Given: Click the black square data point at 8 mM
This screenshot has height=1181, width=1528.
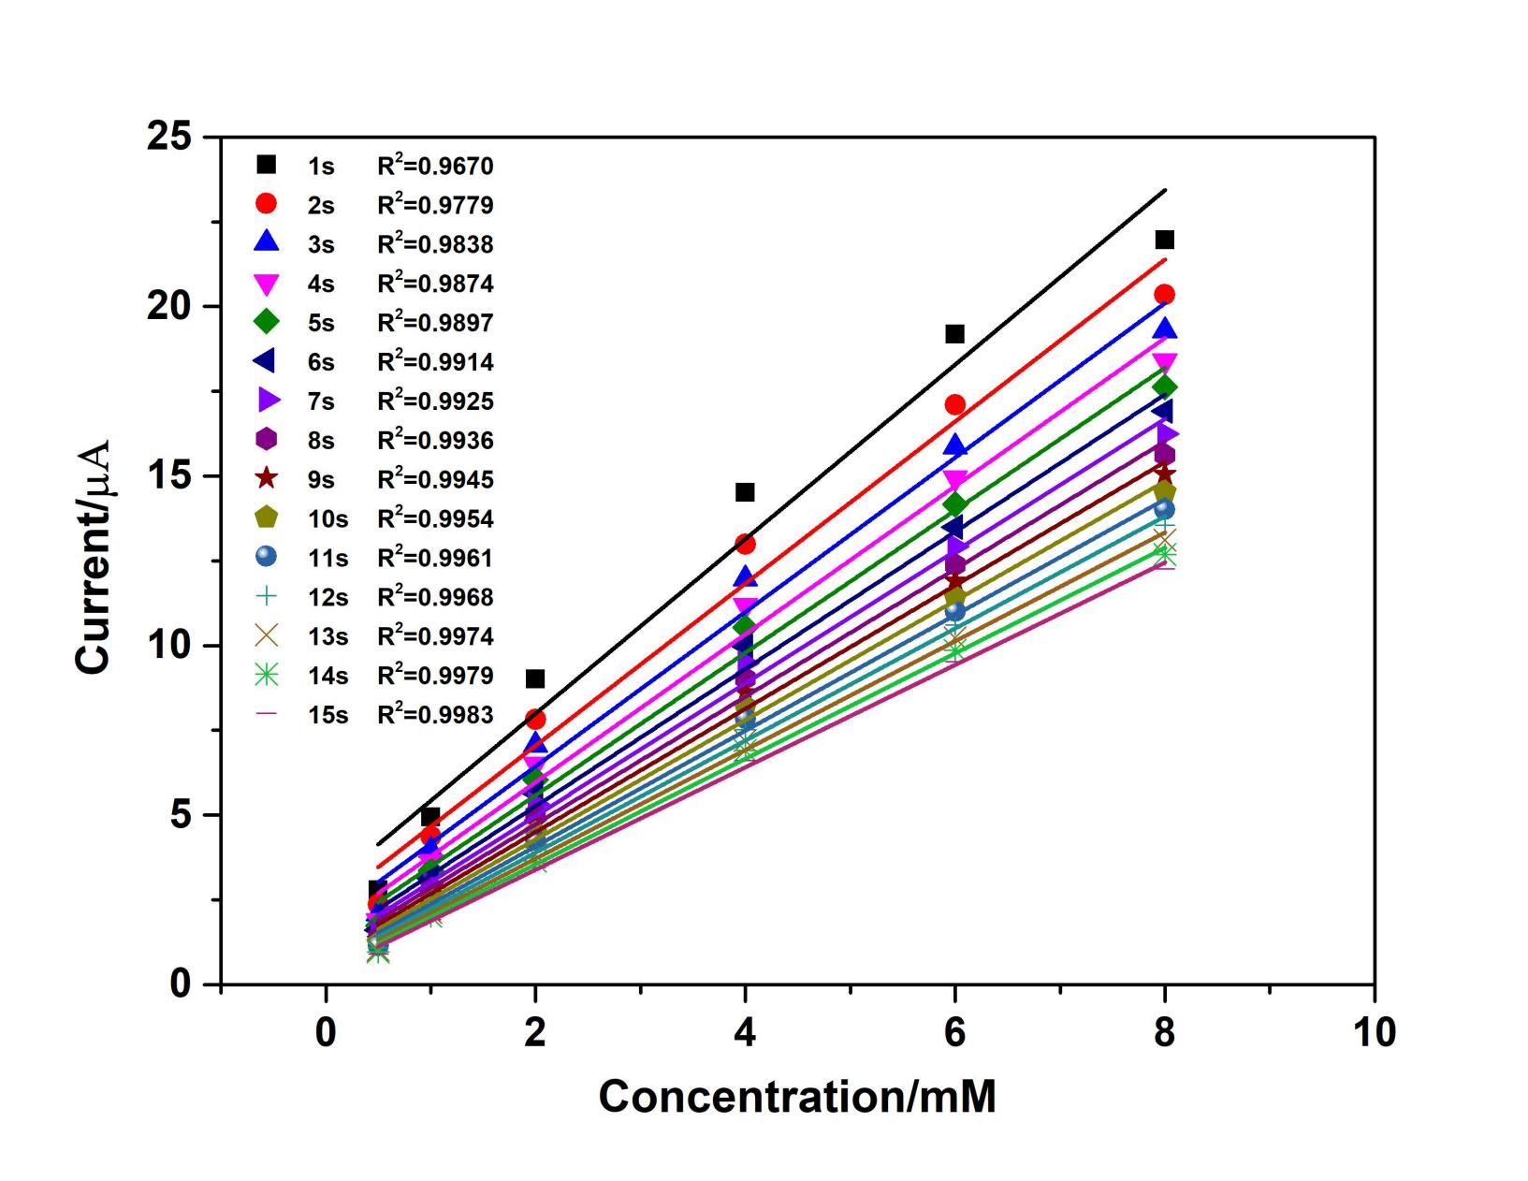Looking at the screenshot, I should point(1164,241).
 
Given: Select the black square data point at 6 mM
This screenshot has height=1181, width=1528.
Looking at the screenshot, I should point(954,334).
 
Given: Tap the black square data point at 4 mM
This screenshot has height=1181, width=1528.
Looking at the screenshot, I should point(745,492).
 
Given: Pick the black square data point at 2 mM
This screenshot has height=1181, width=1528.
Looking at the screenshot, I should point(535,678).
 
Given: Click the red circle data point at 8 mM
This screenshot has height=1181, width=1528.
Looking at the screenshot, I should point(1164,295).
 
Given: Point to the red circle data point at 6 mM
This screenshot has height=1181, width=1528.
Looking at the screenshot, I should point(954,404).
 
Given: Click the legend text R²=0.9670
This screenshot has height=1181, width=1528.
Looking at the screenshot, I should point(435,167).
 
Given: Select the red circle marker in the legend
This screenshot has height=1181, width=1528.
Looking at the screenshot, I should point(267,204).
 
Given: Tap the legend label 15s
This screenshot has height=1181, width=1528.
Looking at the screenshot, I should point(327,715).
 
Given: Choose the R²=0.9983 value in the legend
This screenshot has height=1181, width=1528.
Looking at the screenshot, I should point(435,715).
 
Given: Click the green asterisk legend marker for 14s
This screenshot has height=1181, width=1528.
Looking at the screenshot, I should point(267,675).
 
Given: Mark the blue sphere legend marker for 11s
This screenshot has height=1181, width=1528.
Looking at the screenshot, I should point(267,557).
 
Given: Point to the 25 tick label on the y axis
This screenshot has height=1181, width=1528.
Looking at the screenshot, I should point(169,138).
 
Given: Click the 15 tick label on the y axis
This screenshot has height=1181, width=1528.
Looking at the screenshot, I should point(169,476).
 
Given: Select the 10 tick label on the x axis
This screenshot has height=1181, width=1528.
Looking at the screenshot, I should point(1374,1032).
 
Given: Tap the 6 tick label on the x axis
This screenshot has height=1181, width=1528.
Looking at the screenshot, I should point(954,1032).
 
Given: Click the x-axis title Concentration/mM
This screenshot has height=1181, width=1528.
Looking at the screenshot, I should point(797,1097).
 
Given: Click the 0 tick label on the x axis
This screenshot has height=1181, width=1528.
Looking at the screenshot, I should point(326,1032).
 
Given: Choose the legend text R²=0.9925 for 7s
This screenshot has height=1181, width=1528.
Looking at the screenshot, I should point(435,401).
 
